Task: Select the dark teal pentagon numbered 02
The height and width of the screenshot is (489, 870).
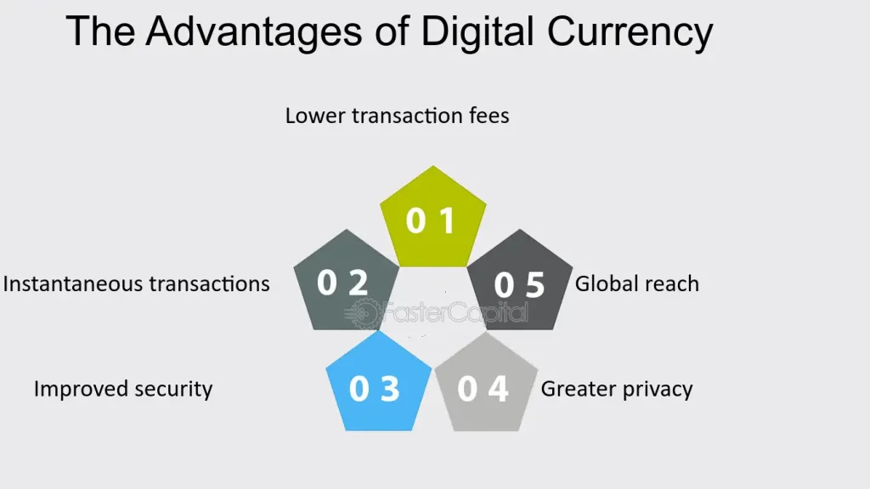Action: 345,282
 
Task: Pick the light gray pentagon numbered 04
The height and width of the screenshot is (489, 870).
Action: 485,386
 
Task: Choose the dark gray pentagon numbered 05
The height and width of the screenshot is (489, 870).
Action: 517,284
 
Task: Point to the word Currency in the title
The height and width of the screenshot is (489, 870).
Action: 630,31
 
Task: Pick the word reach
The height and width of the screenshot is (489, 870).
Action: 672,284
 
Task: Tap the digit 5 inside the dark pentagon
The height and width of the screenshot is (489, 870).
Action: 534,285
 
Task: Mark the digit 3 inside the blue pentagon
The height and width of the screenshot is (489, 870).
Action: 389,389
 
